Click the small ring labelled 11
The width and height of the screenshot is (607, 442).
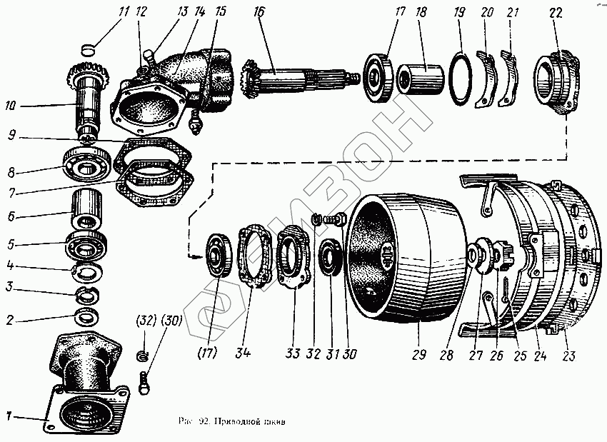[x=86, y=49]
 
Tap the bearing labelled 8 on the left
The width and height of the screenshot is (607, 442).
[x=86, y=164]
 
